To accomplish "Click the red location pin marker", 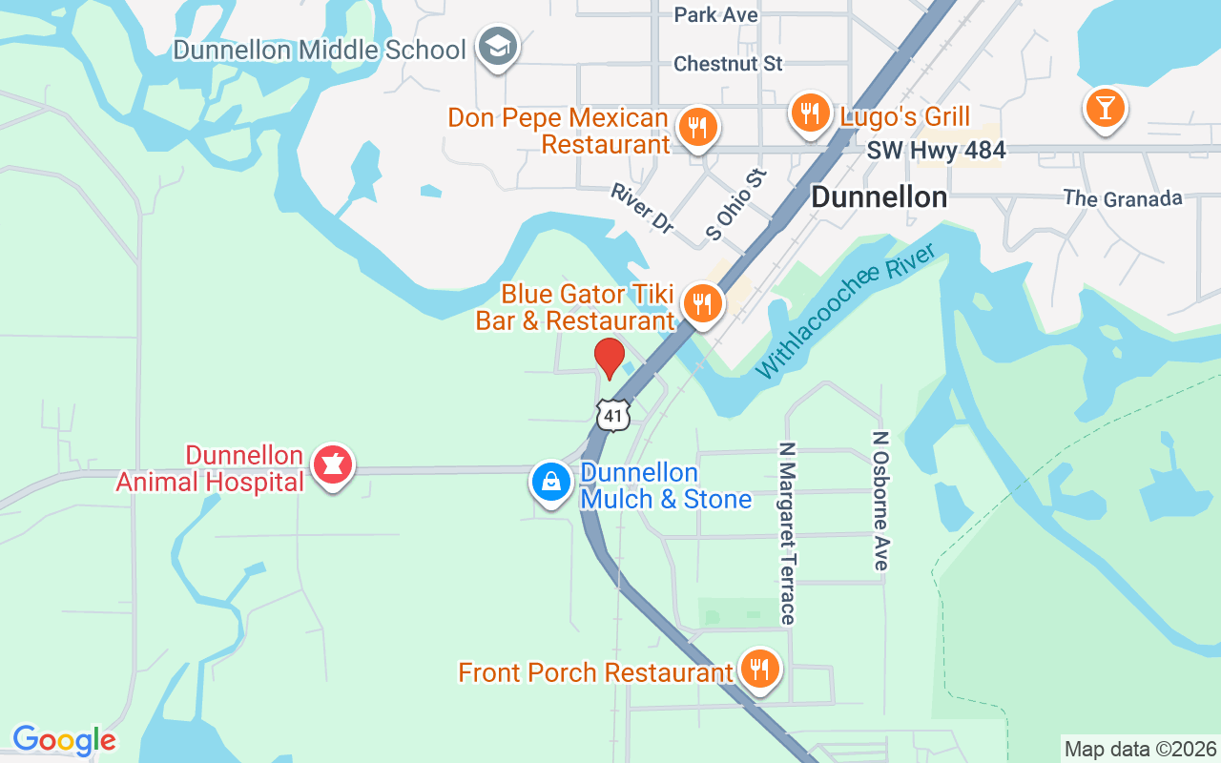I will coord(610,359).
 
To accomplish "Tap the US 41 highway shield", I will coord(613,415).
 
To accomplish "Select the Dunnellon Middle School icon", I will coord(497,47).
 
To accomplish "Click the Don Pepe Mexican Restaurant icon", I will coord(697,128).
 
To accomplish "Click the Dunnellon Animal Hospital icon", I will coord(332,466).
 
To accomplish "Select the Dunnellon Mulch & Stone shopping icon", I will coord(551,484).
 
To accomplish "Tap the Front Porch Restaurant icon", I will coord(759,670).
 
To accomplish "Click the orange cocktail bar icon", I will coord(1105,109).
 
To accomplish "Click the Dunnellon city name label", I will coord(879,197).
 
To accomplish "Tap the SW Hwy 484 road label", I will coord(936,151).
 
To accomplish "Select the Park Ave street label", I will coord(715,14).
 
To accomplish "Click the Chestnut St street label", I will coord(728,64).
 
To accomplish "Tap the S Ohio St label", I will coord(736,204).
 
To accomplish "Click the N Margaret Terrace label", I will coord(787,532).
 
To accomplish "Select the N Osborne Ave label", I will coord(880,501).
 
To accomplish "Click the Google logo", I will coord(64,740).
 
